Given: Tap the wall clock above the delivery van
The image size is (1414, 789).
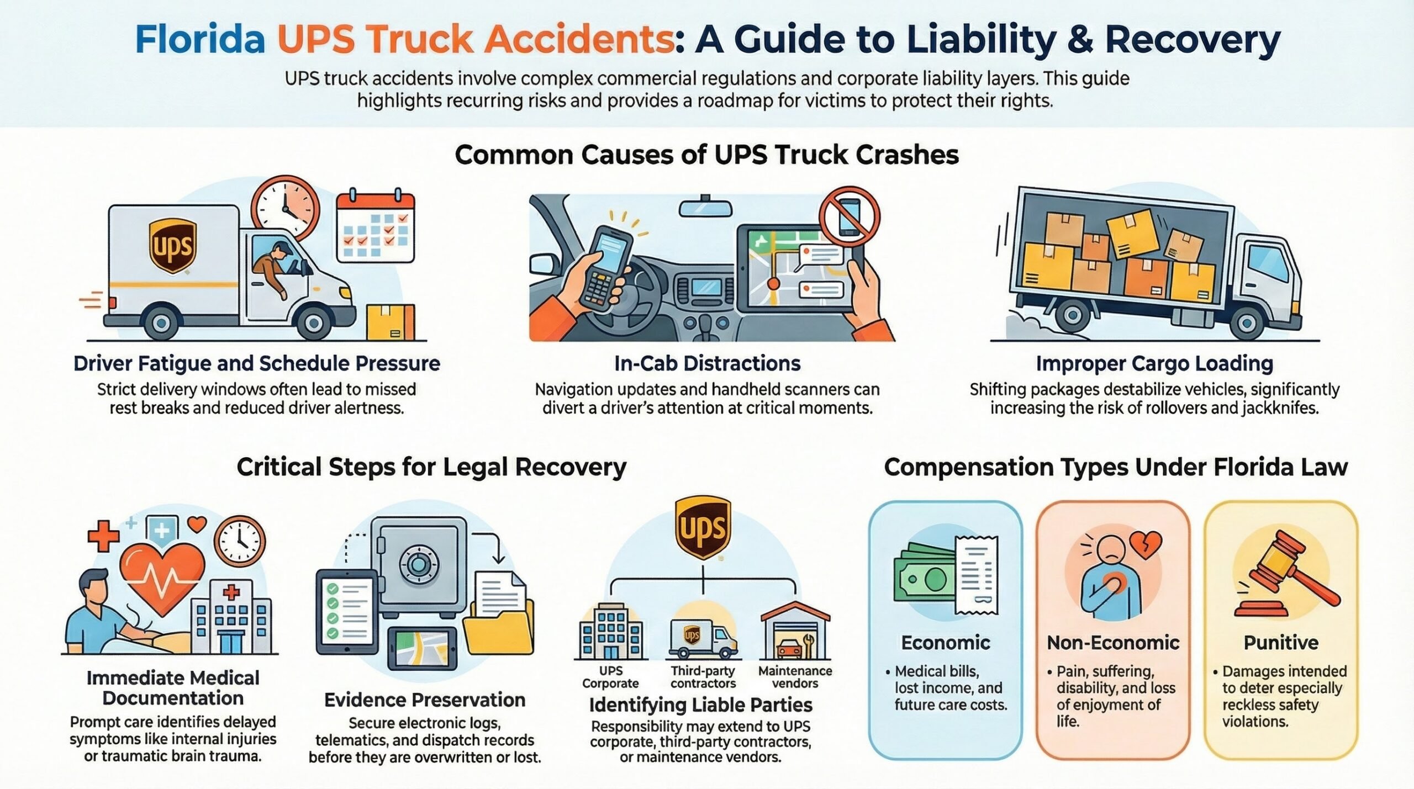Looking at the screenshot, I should click(x=286, y=208).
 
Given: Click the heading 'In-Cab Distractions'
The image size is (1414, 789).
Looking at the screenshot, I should click(x=707, y=363).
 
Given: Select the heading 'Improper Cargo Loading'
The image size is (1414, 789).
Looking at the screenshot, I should click(x=1154, y=363).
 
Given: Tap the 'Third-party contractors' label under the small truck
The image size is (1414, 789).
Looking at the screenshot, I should click(x=703, y=677).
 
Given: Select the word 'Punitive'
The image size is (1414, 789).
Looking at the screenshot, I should click(x=1280, y=643).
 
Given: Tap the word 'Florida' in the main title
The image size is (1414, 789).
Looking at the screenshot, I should click(x=200, y=39).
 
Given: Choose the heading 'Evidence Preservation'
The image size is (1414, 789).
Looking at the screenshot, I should click(x=424, y=700).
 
